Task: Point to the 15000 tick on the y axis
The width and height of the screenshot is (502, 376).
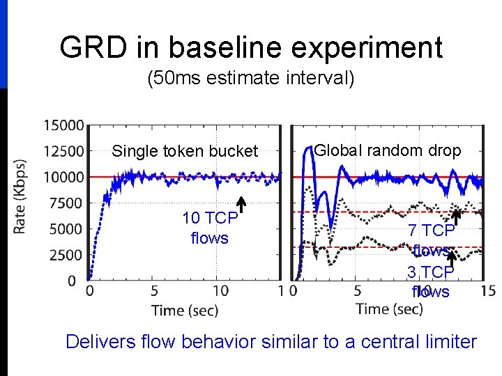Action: coord(63,126)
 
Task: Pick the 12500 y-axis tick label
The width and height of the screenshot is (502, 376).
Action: coord(63,151)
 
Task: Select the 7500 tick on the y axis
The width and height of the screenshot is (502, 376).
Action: coord(67,203)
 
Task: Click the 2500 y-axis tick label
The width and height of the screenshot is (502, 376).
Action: coord(67,255)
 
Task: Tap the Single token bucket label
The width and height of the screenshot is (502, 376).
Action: coord(185,151)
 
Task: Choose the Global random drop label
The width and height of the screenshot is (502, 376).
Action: coord(388,150)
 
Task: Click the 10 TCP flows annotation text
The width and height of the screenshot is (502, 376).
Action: coord(209,228)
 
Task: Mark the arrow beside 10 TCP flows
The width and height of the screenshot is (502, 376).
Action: coord(241,203)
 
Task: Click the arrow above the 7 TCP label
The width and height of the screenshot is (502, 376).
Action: coord(457,217)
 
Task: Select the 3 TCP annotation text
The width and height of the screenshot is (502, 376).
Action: coord(431,272)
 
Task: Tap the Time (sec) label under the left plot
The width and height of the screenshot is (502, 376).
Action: coord(185,311)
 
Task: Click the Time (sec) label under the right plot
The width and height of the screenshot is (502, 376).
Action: coord(390,308)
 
